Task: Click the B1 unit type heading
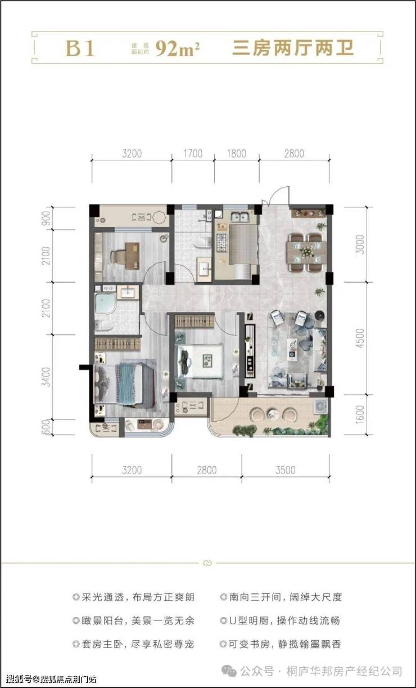coord(80,48)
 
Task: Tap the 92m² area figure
coord(178,48)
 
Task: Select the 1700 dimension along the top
coord(193,154)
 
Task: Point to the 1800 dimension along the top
coord(237,154)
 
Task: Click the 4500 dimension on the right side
coord(360,338)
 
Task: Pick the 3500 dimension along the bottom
coord(286,470)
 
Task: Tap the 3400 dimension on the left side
coord(46,377)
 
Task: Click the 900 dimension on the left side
coord(46,218)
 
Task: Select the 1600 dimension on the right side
coord(360,414)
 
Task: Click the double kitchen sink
coord(240,217)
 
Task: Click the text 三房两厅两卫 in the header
coord(293,48)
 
